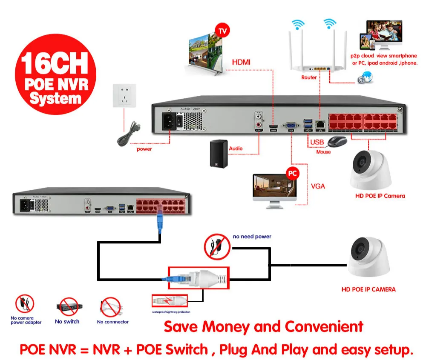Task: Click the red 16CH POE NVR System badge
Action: pyautogui.click(x=55, y=74)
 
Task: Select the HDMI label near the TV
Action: pyautogui.click(x=241, y=63)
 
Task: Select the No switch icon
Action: pyautogui.click(x=67, y=307)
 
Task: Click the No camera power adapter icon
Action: pyautogui.click(x=25, y=304)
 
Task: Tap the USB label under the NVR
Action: pyautogui.click(x=317, y=142)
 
